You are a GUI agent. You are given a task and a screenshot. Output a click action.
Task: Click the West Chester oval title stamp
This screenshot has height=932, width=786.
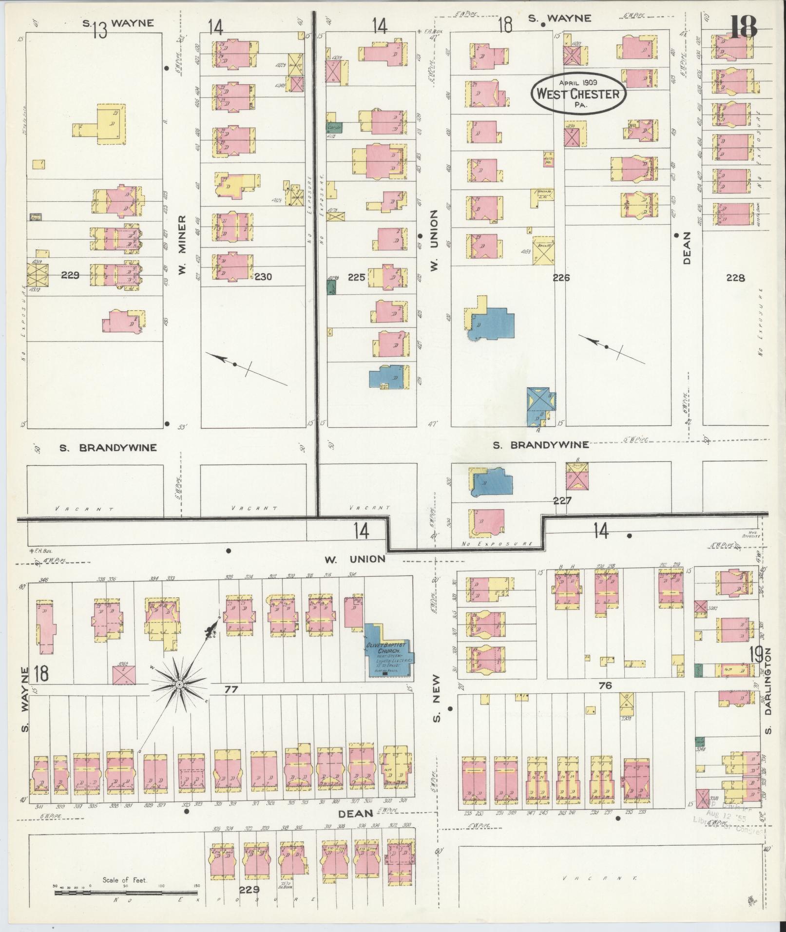(x=578, y=94)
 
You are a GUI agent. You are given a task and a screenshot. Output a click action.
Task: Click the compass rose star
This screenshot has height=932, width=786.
(x=179, y=685)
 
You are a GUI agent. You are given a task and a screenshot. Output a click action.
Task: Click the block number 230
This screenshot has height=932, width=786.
(x=263, y=277)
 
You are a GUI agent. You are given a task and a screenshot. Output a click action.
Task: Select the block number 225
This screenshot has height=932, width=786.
(x=357, y=277)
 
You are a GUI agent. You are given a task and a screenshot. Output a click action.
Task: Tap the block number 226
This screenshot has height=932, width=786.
(x=561, y=278)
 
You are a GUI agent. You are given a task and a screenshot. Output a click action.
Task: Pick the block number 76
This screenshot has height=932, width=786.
(x=605, y=685)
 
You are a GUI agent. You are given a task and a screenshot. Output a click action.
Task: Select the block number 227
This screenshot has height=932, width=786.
(x=561, y=500)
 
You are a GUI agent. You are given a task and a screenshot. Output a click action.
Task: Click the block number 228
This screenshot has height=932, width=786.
(x=735, y=278)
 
